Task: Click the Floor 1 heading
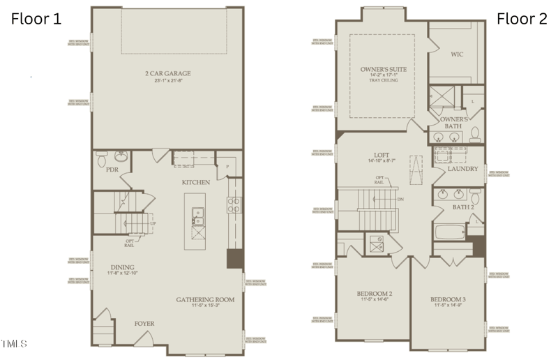pyautogui.click(x=36, y=19)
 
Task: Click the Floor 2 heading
pyautogui.click(x=522, y=19)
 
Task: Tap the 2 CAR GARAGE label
pyautogui.click(x=167, y=73)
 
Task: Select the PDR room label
pyautogui.click(x=112, y=169)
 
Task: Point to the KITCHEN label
pyautogui.click(x=196, y=182)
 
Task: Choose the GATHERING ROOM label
pyautogui.click(x=204, y=299)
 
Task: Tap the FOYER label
pyautogui.click(x=144, y=324)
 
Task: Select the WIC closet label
pyautogui.click(x=458, y=54)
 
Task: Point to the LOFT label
pyautogui.click(x=380, y=155)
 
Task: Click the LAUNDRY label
pyautogui.click(x=462, y=169)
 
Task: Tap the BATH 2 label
pyautogui.click(x=463, y=208)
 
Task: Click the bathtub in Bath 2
pyautogui.click(x=449, y=233)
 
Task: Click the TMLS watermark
pyautogui.click(x=14, y=343)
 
